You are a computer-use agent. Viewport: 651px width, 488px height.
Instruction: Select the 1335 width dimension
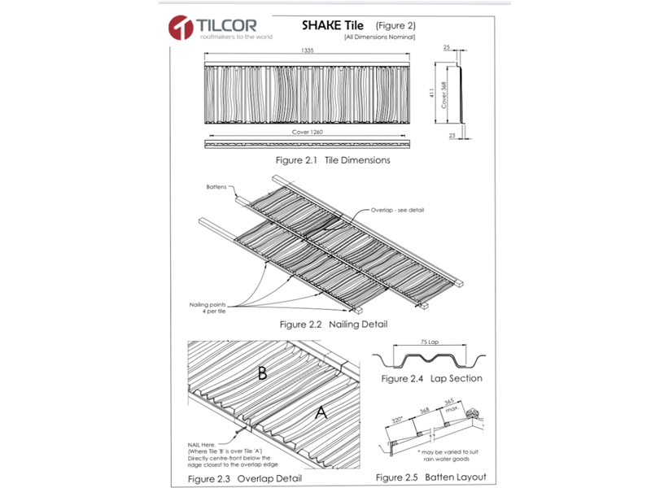(306, 50)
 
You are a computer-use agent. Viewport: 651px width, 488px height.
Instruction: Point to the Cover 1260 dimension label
(307, 131)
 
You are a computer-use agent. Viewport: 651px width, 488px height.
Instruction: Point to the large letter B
(262, 374)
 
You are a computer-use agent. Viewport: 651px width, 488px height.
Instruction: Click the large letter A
(321, 414)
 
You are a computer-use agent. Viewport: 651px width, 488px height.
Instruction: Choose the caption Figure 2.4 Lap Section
(431, 378)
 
